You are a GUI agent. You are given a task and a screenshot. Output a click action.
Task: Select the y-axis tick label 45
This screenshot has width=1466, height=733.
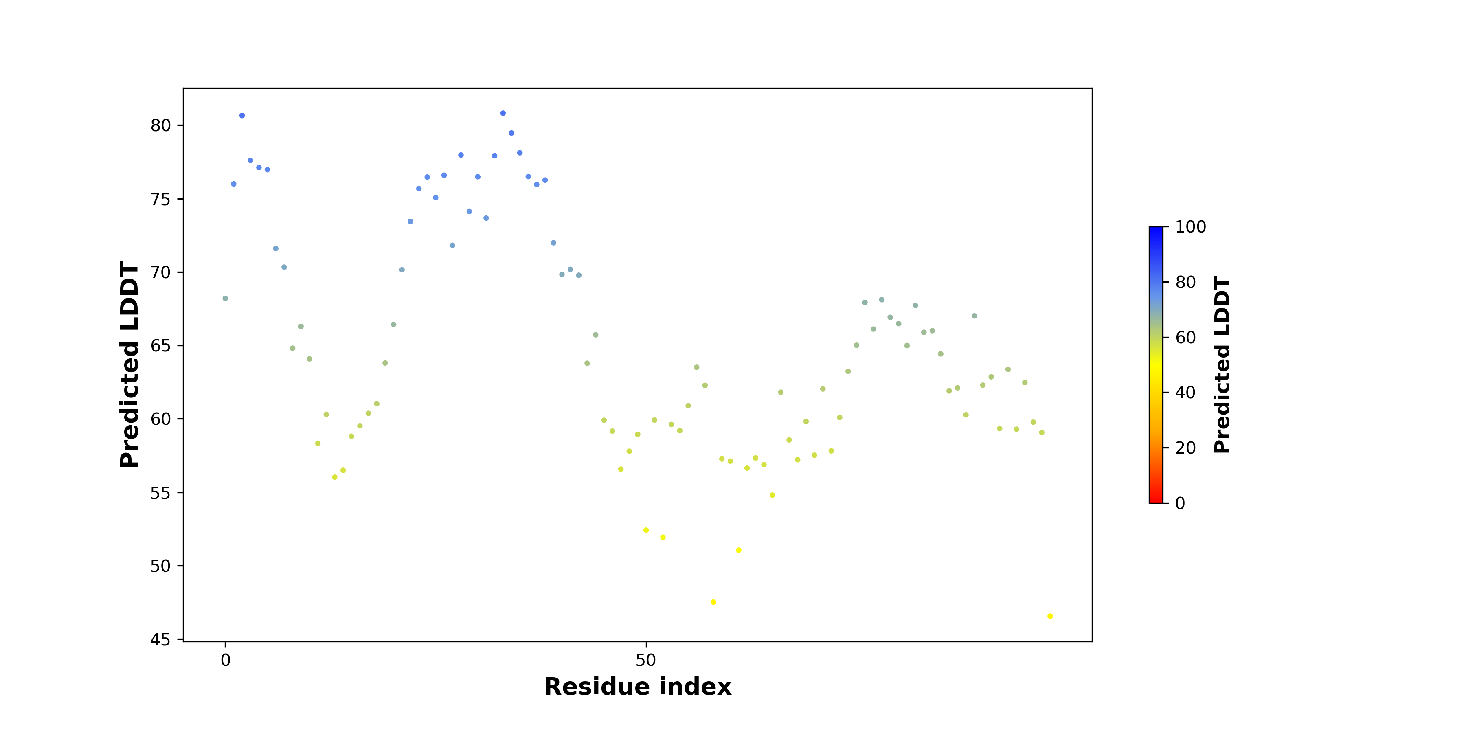pos(160,640)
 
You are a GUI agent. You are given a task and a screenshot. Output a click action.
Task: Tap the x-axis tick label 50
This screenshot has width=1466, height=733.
pos(646,660)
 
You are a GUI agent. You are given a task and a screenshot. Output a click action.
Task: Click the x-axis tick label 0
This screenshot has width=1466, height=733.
pos(225,660)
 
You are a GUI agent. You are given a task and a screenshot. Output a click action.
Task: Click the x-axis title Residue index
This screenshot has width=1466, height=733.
pos(637,687)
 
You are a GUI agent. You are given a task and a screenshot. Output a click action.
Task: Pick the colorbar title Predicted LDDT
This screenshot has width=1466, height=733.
pos(1222,365)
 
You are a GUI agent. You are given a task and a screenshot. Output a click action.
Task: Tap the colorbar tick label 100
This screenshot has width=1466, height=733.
pos(1191,227)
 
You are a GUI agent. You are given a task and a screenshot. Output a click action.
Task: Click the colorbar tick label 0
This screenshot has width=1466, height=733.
pos(1180,503)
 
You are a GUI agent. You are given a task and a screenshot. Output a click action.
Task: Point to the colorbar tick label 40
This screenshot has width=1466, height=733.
pos(1185,393)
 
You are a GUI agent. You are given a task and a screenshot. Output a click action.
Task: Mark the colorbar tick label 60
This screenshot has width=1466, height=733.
pos(1185,338)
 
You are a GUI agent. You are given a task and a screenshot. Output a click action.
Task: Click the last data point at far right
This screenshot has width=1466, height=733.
pos(1050,617)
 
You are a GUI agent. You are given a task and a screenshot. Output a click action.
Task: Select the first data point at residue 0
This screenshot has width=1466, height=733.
pos(225,298)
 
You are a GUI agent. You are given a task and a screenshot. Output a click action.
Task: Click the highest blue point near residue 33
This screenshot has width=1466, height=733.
pos(503,113)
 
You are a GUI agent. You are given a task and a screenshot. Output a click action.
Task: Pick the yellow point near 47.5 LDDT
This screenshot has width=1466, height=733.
pos(713,602)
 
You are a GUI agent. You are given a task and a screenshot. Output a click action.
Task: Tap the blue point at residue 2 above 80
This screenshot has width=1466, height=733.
pos(242,116)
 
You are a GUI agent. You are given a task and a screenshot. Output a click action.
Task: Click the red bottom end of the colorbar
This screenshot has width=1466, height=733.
pos(1156,501)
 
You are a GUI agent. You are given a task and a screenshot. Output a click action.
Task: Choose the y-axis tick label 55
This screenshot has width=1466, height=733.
pos(160,493)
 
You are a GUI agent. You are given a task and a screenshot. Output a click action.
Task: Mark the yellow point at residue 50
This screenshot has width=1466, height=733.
pos(646,530)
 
